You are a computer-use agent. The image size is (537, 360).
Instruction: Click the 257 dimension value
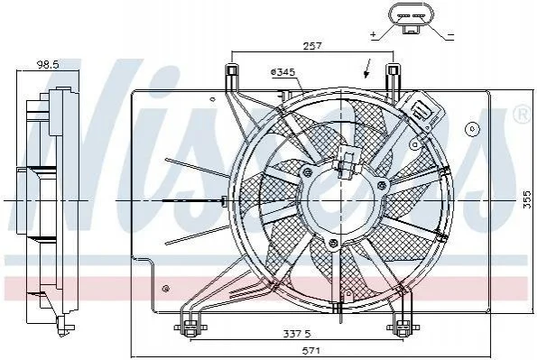click(x=312, y=45)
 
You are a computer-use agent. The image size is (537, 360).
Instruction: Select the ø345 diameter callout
click(x=282, y=72)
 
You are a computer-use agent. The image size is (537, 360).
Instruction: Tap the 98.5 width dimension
click(x=48, y=64)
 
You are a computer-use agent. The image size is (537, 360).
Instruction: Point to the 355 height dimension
click(x=527, y=199)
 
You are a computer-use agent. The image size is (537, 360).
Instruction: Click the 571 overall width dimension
click(x=311, y=350)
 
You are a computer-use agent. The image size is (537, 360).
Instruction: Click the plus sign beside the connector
click(x=373, y=34)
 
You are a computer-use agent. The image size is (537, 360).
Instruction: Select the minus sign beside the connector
click(x=450, y=35)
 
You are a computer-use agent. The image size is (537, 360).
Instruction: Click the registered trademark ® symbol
click(x=523, y=115)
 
